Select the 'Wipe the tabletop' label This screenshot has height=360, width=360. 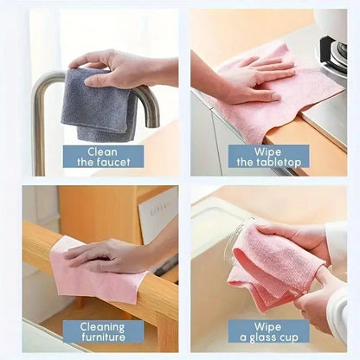click(x=268, y=156)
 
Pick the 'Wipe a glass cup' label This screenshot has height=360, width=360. click(x=268, y=331)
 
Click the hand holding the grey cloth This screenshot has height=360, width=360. click(x=121, y=67)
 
